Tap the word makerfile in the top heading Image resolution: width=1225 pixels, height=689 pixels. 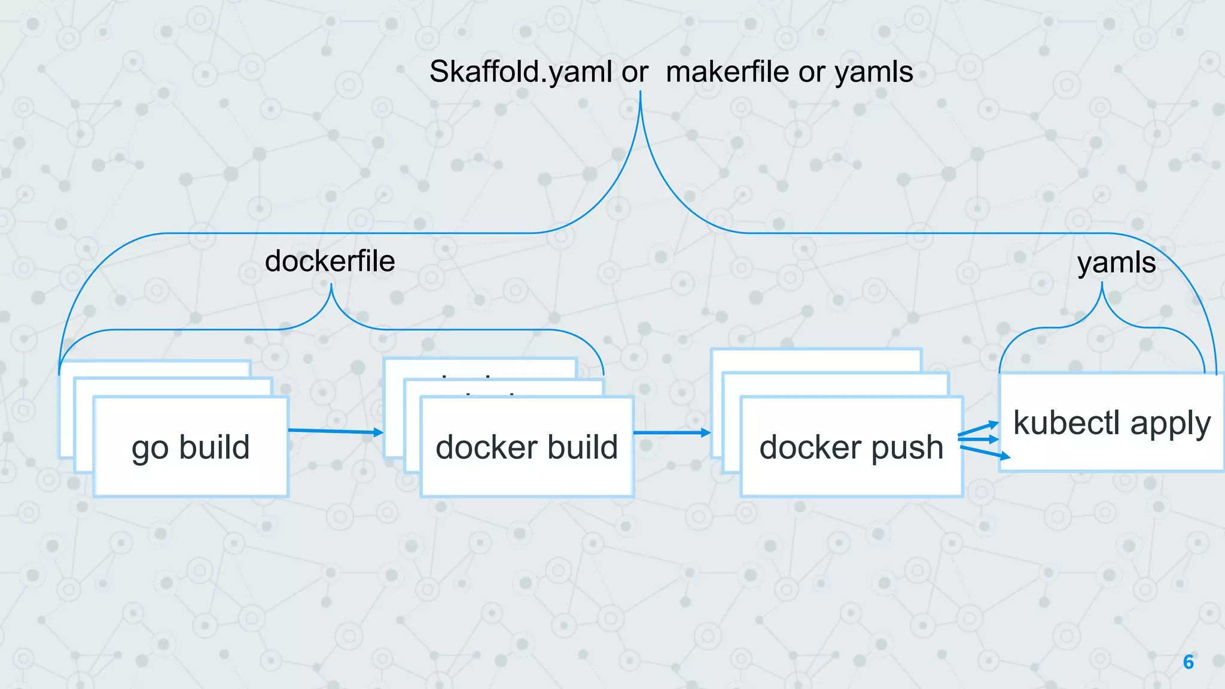tap(727, 72)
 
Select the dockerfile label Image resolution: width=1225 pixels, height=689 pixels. tap(330, 261)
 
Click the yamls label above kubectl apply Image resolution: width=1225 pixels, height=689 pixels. tap(1116, 263)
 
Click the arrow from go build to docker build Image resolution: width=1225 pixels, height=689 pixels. tap(335, 431)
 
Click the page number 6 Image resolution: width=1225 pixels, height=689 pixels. tap(1188, 662)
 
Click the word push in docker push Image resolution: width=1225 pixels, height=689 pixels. tap(907, 448)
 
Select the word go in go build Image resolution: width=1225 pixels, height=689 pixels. tap(150, 448)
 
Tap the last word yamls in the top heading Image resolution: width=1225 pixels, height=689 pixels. tap(873, 72)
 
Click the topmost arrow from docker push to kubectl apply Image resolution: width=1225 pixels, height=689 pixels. tap(979, 428)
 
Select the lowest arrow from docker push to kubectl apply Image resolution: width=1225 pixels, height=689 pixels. tap(985, 452)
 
